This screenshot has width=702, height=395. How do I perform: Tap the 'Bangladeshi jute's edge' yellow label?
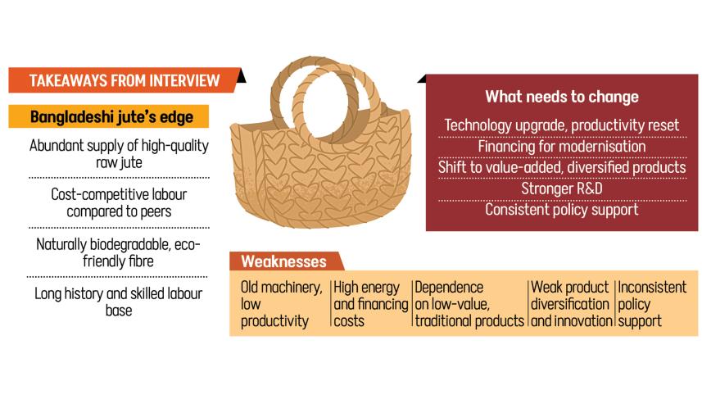[x=111, y=116]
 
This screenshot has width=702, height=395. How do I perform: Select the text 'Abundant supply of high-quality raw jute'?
[x=119, y=153]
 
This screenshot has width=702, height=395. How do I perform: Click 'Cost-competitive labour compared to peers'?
[x=119, y=204]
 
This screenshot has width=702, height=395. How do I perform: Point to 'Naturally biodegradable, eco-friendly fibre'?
[x=119, y=252]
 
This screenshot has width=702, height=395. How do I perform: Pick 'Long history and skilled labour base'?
[x=119, y=302]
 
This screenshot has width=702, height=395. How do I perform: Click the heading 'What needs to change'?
[x=561, y=97]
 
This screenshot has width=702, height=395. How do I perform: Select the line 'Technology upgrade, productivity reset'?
[x=561, y=126]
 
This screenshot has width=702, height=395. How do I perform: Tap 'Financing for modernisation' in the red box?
[x=561, y=147]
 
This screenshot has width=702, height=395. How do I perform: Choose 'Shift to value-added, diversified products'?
[x=561, y=167]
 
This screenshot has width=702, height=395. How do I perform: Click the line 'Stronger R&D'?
[x=561, y=188]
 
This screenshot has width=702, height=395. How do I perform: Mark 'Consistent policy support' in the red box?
[x=561, y=209]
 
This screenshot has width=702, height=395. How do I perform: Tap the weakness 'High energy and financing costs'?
[x=370, y=304]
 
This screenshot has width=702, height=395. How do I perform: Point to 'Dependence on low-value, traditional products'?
[x=468, y=304]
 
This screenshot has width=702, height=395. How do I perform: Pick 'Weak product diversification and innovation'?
[x=570, y=304]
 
